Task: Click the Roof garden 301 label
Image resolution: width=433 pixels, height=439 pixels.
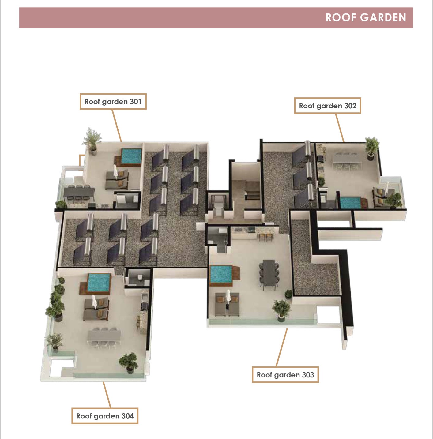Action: tap(113, 101)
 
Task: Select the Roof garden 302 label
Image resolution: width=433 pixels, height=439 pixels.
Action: tap(327, 106)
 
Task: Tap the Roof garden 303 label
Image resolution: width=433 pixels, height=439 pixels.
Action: tap(285, 375)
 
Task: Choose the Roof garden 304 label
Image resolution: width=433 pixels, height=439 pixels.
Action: tap(105, 416)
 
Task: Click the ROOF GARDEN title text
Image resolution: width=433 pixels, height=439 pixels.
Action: tap(366, 17)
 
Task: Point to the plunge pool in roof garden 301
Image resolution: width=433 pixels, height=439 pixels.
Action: tap(130, 156)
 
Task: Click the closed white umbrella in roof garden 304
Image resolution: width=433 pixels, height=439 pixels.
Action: tap(94, 302)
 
